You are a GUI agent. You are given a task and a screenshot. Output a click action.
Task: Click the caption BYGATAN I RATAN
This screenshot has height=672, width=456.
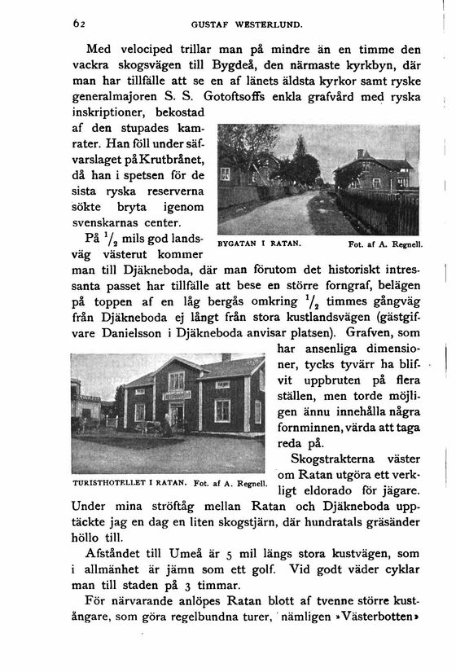pos(261,242)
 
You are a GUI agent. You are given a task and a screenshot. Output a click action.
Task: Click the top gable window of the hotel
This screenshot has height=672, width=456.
pos(176,380)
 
